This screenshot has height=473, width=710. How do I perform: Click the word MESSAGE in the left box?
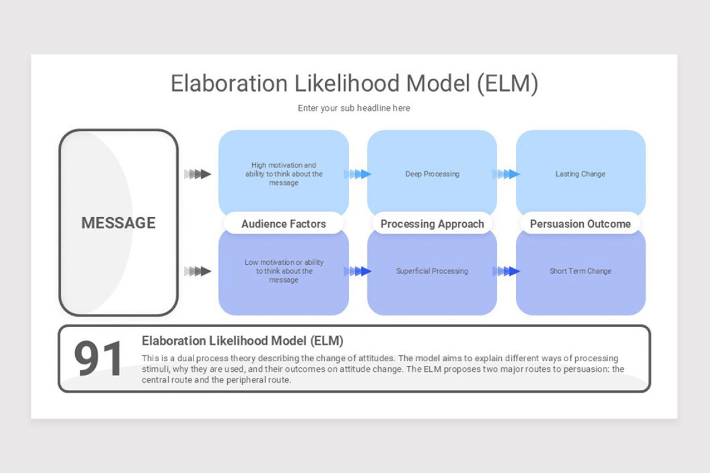point(118,223)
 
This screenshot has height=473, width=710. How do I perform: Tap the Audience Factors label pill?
point(283,223)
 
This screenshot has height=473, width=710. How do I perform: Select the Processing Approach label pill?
point(432,223)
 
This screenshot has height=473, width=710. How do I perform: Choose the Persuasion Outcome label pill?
point(580,223)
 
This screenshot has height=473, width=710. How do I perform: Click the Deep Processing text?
point(432,174)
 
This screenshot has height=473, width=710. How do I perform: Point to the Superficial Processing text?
point(432,271)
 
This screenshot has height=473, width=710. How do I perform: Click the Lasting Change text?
point(580,174)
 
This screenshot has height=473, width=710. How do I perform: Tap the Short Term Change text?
point(580,271)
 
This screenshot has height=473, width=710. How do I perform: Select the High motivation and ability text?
point(284,174)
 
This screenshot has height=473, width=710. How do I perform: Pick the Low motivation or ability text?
point(284,271)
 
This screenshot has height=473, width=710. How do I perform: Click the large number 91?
point(99,359)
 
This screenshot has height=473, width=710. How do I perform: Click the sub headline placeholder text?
point(354,108)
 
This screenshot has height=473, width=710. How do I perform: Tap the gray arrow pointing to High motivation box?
point(198,174)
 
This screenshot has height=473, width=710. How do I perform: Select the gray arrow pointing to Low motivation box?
point(198,271)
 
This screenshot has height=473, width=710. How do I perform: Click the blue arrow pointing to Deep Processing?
point(358,174)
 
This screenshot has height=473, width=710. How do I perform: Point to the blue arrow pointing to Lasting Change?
point(506,174)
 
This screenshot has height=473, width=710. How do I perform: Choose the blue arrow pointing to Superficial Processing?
point(358,271)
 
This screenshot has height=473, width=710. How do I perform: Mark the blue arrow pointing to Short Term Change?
point(506,271)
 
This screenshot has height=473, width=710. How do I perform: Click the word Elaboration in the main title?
point(220,83)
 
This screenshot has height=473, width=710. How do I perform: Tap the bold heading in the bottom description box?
point(243,341)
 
